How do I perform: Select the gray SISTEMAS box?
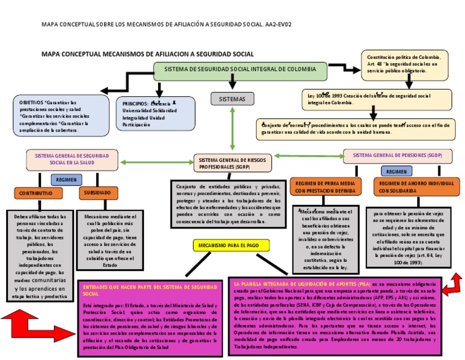click(x=232, y=98)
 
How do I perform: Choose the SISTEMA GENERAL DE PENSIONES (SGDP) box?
click(x=397, y=156)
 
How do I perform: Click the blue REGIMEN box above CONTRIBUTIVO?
click(x=66, y=180)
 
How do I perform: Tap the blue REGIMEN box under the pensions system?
click(x=397, y=172)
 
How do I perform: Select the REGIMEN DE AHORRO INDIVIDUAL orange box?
click(x=407, y=186)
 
